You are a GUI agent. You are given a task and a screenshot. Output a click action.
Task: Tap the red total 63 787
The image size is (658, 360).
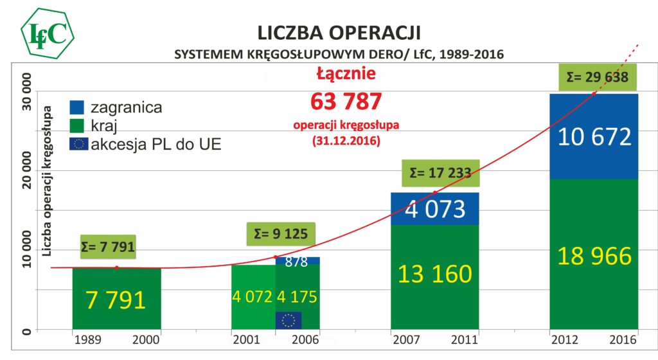pos(346,102)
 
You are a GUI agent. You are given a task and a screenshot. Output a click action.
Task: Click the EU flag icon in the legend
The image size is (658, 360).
pos(78,143)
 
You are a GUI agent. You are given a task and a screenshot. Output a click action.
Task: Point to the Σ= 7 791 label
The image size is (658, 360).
pos(108,246)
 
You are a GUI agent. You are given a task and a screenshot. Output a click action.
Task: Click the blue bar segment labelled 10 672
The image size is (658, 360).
pos(594,136)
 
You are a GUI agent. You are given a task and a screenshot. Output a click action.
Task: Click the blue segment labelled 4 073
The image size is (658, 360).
pos(434,209)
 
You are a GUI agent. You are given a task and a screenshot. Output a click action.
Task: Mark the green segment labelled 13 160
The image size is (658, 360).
pos(434,274)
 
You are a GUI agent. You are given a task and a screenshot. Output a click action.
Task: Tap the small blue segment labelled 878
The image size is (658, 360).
pos(298,261)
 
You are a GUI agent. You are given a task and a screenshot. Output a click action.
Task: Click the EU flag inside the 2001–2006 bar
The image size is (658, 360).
pos(289,320)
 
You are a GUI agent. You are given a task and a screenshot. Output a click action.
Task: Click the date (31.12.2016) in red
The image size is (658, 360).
pos(346,139)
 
